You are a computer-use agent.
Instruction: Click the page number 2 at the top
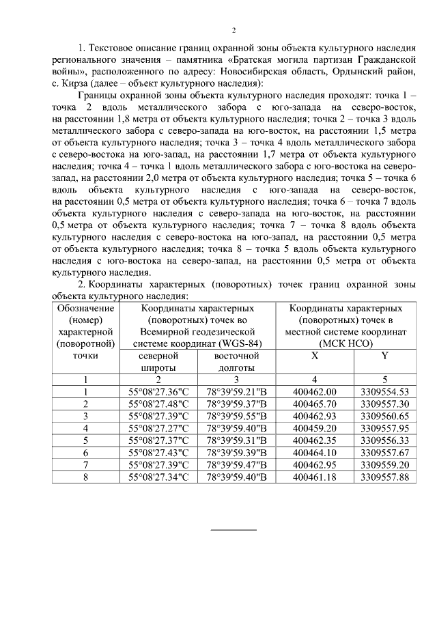coord(234,30)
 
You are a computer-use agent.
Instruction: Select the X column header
coord(314,356)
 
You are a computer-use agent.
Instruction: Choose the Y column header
coord(385,356)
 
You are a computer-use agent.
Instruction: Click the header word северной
coord(158,356)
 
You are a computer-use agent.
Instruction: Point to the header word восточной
coord(236,356)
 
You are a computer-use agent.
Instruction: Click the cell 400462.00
coord(315,391)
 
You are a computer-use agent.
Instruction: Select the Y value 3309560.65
coord(385,415)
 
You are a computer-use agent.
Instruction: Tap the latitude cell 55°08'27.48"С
coord(158,404)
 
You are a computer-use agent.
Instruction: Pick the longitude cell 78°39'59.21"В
coord(236,391)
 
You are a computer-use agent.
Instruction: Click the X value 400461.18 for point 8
coord(315,477)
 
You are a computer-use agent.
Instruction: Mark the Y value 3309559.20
coord(385,464)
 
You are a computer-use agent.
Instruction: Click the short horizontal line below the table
coord(234,529)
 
